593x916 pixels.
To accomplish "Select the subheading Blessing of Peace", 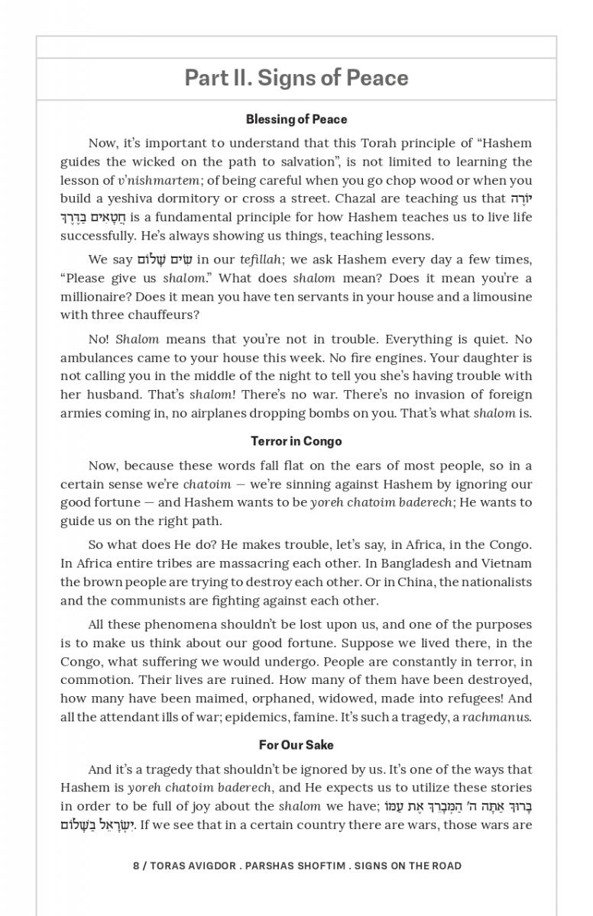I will point(296,119).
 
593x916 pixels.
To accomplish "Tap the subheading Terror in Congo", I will point(296,441).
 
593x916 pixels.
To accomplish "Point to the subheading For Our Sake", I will point(296,745).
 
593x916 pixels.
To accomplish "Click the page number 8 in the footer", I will point(136,866).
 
